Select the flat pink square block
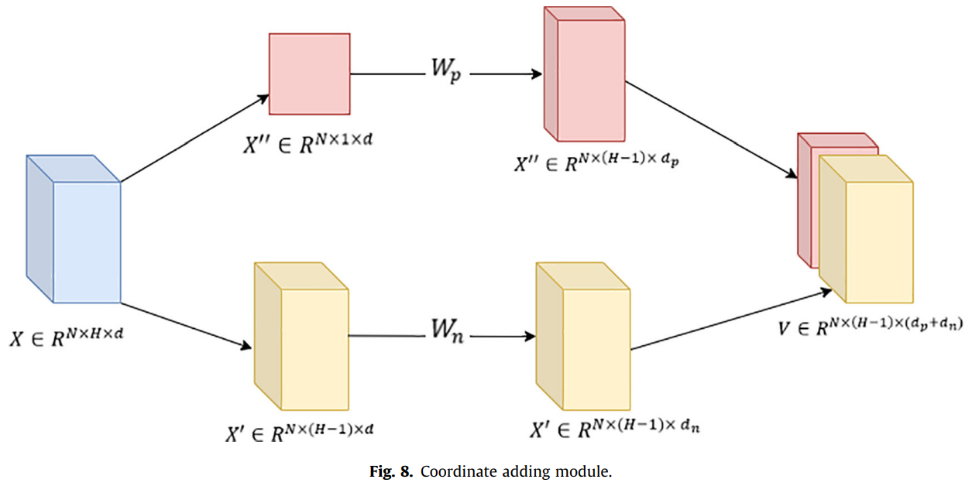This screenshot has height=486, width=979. [309, 74]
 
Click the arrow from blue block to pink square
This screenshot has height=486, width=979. [194, 139]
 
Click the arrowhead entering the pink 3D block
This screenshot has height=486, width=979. [537, 74]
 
